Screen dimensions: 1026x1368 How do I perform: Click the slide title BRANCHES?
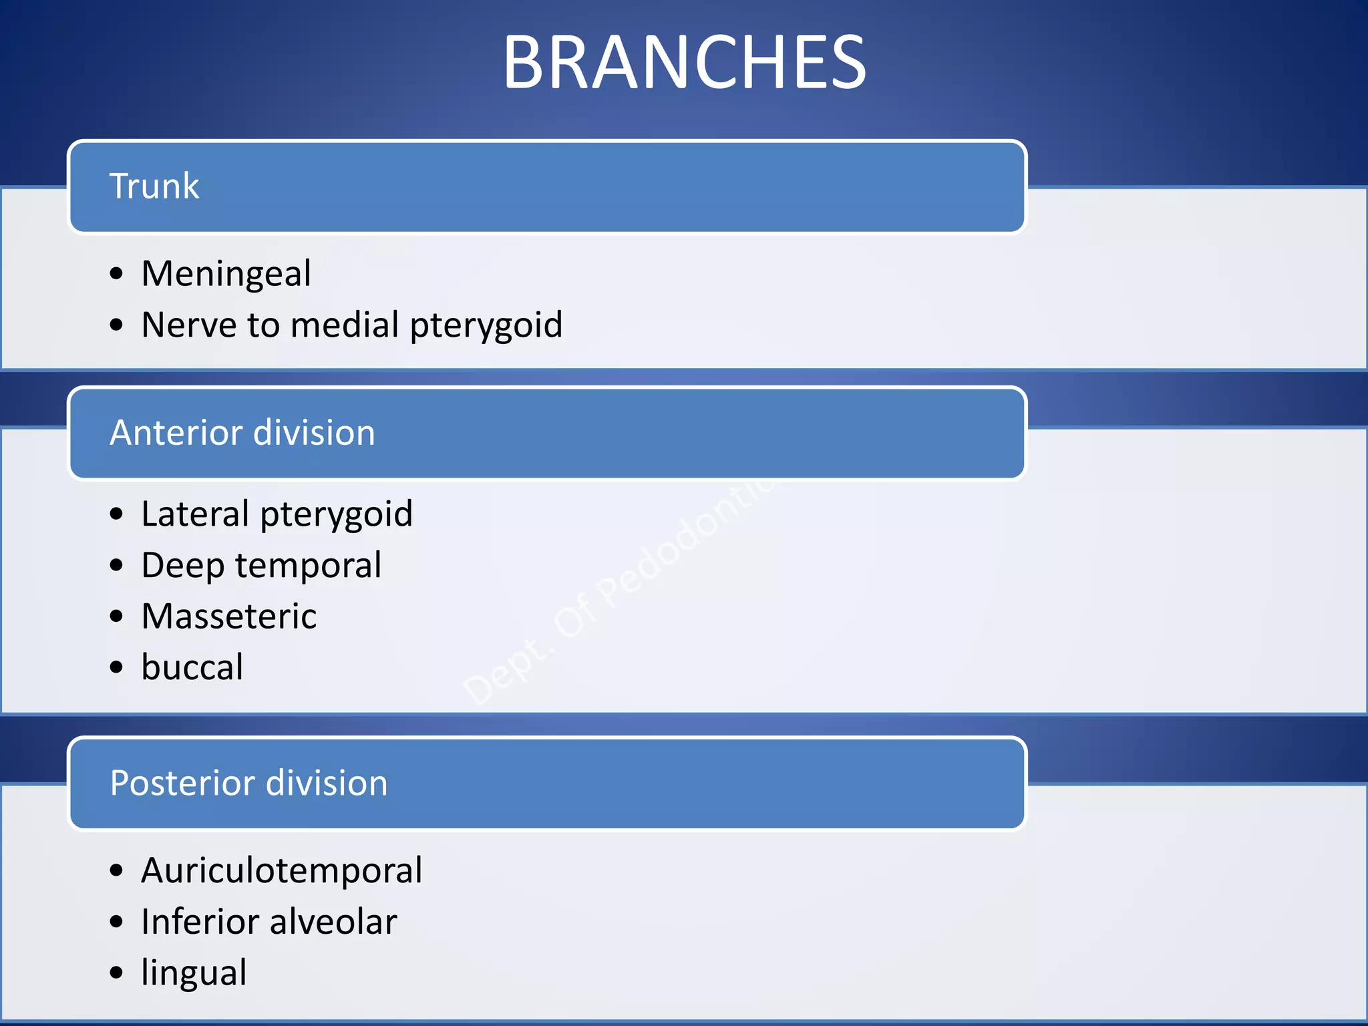(x=684, y=62)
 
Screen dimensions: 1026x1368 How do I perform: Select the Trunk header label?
(x=154, y=186)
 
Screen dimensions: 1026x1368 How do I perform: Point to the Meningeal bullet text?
(x=226, y=274)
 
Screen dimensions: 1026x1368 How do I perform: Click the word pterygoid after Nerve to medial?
(x=486, y=326)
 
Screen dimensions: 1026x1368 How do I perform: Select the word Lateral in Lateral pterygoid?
(x=195, y=514)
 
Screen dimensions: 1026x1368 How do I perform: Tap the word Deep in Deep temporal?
(x=182, y=565)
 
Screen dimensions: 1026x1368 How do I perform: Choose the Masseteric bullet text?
(x=229, y=616)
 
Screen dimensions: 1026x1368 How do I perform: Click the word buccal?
(x=192, y=667)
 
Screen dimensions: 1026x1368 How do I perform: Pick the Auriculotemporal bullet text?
(x=281, y=870)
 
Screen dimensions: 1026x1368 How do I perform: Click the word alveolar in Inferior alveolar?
(x=334, y=922)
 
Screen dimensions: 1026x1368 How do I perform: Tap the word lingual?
(x=194, y=973)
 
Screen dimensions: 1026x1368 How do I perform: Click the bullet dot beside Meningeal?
(x=117, y=274)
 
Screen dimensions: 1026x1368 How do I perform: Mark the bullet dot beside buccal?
(x=117, y=667)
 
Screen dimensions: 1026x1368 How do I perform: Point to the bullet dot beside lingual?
(x=117, y=973)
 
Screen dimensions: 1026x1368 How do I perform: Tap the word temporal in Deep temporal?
(x=309, y=565)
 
